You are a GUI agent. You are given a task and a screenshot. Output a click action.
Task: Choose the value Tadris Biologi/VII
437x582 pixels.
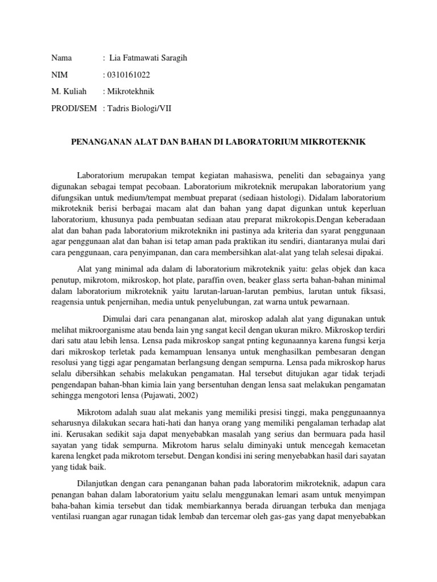(138, 108)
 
